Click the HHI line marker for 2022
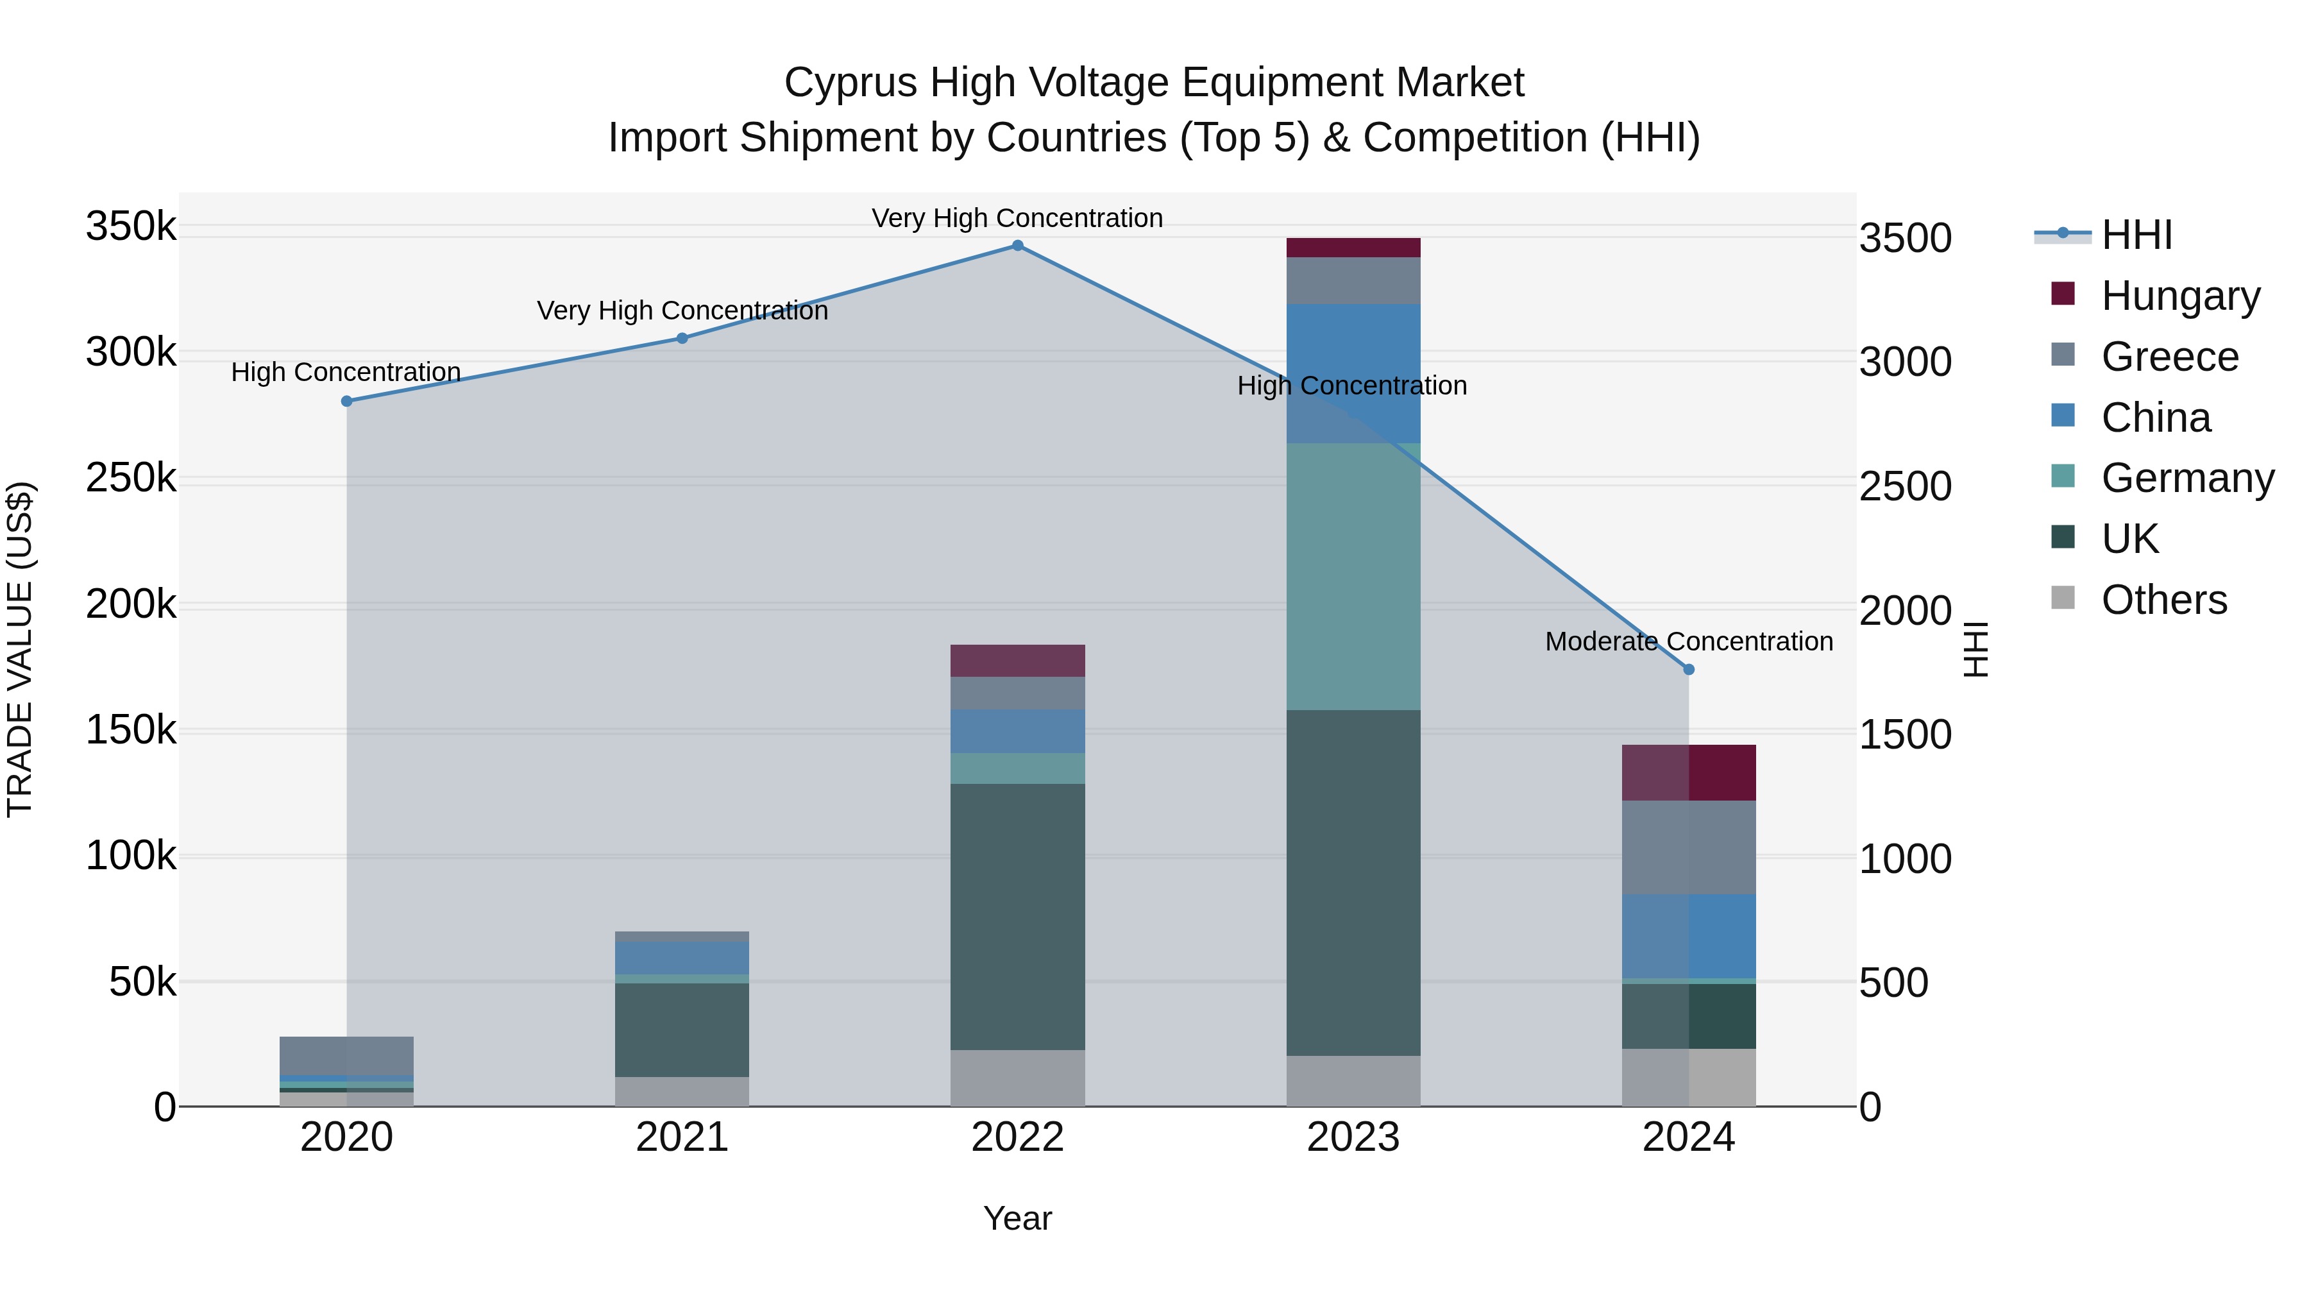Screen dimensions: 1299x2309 tap(1017, 246)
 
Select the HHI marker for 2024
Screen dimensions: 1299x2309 tap(1689, 670)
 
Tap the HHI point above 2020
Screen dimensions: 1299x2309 tap(347, 402)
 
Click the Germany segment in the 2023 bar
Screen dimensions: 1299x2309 tap(1353, 577)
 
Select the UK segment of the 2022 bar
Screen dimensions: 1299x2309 tap(1017, 916)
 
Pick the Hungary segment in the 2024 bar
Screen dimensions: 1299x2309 tap(1689, 773)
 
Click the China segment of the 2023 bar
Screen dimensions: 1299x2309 tap(1353, 373)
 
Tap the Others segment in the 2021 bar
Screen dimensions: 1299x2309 tap(682, 1091)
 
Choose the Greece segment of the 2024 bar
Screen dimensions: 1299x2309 tap(1689, 847)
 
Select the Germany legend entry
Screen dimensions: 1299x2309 tap(2186, 478)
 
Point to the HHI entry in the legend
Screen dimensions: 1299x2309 tap(2136, 235)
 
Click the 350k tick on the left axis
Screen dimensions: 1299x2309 tap(131, 226)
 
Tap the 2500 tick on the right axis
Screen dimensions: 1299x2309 tap(1905, 487)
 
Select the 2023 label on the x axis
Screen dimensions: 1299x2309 tap(1353, 1137)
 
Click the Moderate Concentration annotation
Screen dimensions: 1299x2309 tap(1689, 642)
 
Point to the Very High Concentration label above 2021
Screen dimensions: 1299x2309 tap(682, 311)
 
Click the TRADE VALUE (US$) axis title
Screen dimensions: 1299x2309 tap(20, 649)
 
